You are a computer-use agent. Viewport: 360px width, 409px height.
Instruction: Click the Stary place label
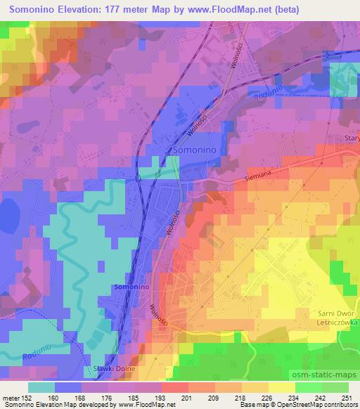pos(352,138)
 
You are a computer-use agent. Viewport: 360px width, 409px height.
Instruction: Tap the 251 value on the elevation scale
pos(346,397)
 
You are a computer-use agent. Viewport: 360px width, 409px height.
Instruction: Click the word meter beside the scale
pos(11,397)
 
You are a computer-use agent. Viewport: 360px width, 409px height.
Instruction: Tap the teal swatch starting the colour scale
pos(42,387)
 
